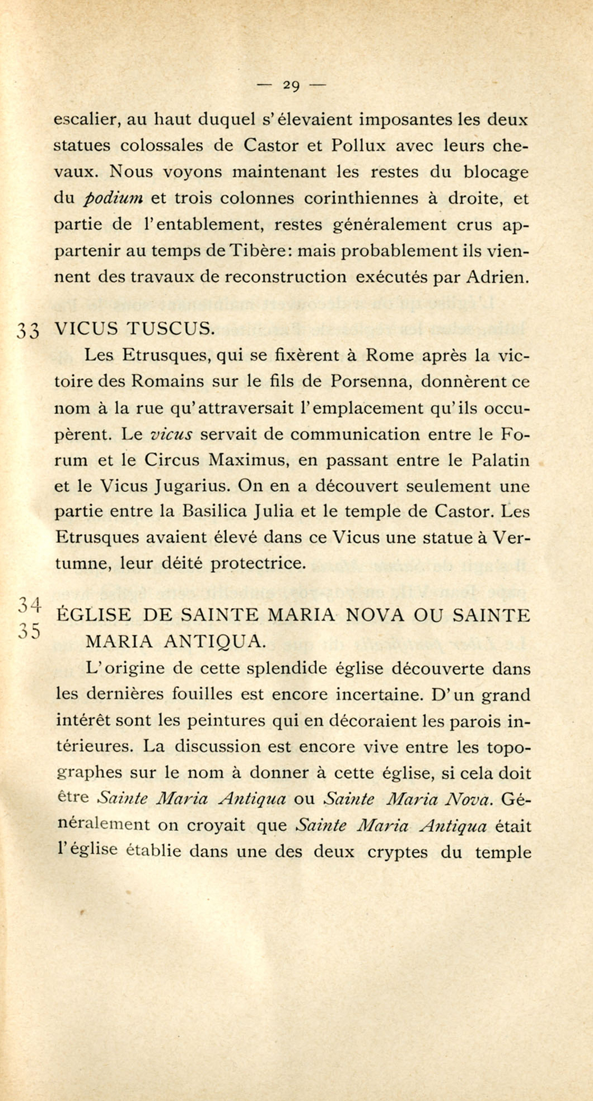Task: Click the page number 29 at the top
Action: click(291, 85)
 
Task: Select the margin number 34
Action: click(30, 605)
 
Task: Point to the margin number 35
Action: click(30, 632)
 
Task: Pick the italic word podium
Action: click(115, 199)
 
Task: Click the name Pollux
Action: click(359, 146)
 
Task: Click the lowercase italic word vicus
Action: click(172, 434)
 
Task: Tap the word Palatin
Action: click(501, 460)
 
